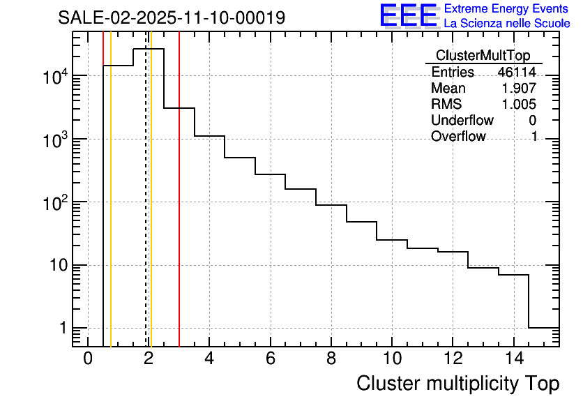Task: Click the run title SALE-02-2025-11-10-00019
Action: [x=172, y=17]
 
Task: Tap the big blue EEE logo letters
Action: [x=408, y=15]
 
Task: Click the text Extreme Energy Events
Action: [x=507, y=9]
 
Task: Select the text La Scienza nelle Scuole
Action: [x=507, y=24]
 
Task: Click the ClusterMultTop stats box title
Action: [x=483, y=56]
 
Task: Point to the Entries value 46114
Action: [x=517, y=73]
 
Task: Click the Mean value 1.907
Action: [x=520, y=89]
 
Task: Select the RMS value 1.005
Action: [x=520, y=105]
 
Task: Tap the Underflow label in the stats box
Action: [x=462, y=121]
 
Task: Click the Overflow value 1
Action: [x=533, y=137]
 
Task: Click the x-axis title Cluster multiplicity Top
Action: [x=457, y=383]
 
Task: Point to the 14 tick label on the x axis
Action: [x=513, y=359]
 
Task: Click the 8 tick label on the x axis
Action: [x=331, y=359]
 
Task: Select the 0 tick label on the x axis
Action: [x=88, y=359]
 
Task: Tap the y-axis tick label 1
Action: [x=61, y=329]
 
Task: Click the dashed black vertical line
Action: [x=146, y=209]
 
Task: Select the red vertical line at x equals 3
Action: [x=179, y=209]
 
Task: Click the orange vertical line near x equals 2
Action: [x=151, y=209]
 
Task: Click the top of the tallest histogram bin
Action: [x=149, y=49]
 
